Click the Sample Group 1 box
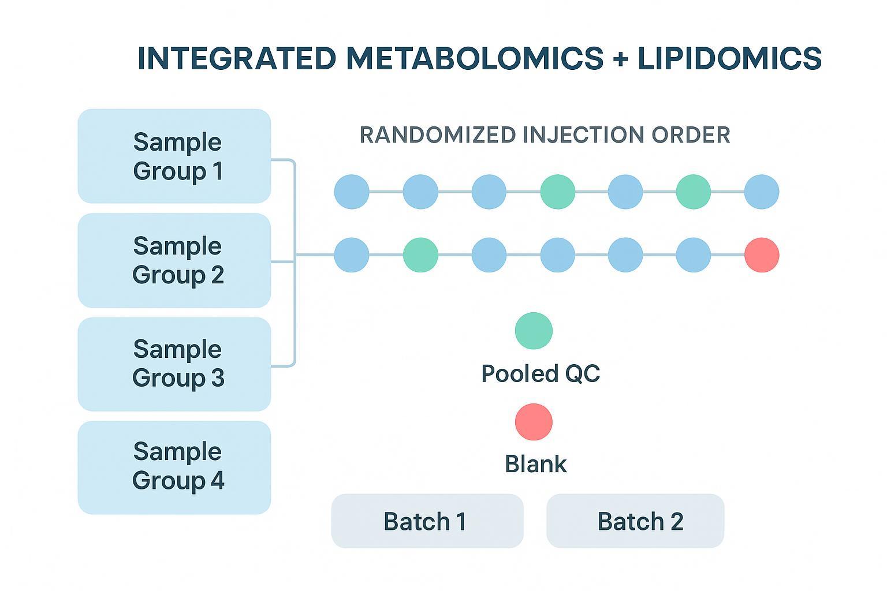pos(174,156)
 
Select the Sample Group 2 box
pos(174,260)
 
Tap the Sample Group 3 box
pos(174,364)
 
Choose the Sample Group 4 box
pos(174,467)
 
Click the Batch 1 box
pos(427,521)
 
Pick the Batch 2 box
pos(635,521)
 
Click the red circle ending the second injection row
pos(761,255)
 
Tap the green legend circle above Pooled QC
pos(534,331)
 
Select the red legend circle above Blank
pos(534,421)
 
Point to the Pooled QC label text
pos(541,373)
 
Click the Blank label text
pos(535,464)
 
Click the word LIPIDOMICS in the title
pos(729,58)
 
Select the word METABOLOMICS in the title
pos(475,58)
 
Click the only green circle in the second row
pos(420,255)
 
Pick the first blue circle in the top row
pos(352,192)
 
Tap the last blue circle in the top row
pos(761,192)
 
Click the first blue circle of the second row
pos(352,255)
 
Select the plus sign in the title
pos(620,59)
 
